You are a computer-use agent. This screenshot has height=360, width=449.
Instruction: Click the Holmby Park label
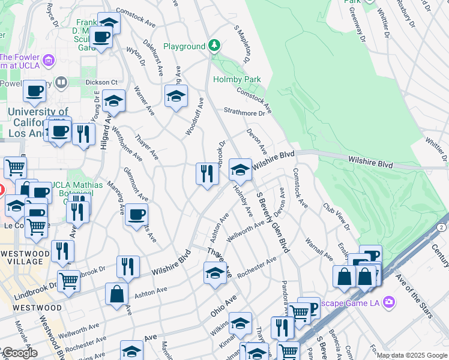[x=237, y=79]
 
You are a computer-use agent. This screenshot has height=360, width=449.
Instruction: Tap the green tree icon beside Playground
[x=214, y=46]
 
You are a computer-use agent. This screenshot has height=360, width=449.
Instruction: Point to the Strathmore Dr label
[x=244, y=112]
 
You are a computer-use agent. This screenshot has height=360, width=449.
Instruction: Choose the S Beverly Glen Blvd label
[x=273, y=222]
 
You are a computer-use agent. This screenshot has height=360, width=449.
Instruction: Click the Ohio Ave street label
[x=224, y=305]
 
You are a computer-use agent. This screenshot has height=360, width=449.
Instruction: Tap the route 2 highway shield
[x=442, y=227]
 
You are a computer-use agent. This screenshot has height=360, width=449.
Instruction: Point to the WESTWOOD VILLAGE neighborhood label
[x=25, y=257]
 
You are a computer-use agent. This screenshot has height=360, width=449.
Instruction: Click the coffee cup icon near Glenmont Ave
[x=136, y=214]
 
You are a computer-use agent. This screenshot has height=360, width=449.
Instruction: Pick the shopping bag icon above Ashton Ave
[x=116, y=294]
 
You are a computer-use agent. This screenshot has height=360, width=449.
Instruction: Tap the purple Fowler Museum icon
[x=49, y=59]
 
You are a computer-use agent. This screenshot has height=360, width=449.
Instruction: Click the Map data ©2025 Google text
[x=412, y=355]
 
